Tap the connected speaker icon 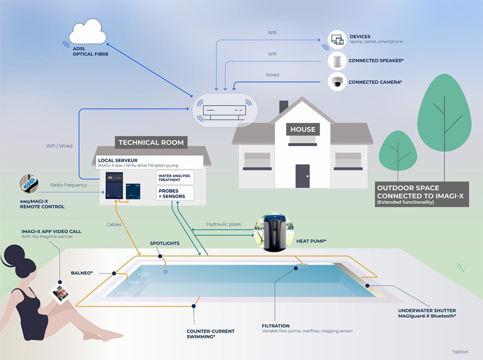(336, 60)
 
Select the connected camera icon (336, 81)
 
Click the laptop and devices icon (336, 40)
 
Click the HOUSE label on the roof (302, 130)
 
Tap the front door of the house (302, 175)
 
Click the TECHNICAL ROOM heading (151, 143)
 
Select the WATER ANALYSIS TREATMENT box (175, 178)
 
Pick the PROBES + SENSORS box (175, 193)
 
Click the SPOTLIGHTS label (165, 244)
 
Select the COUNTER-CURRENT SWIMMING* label (210, 334)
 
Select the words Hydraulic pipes (224, 224)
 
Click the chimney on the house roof (284, 107)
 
